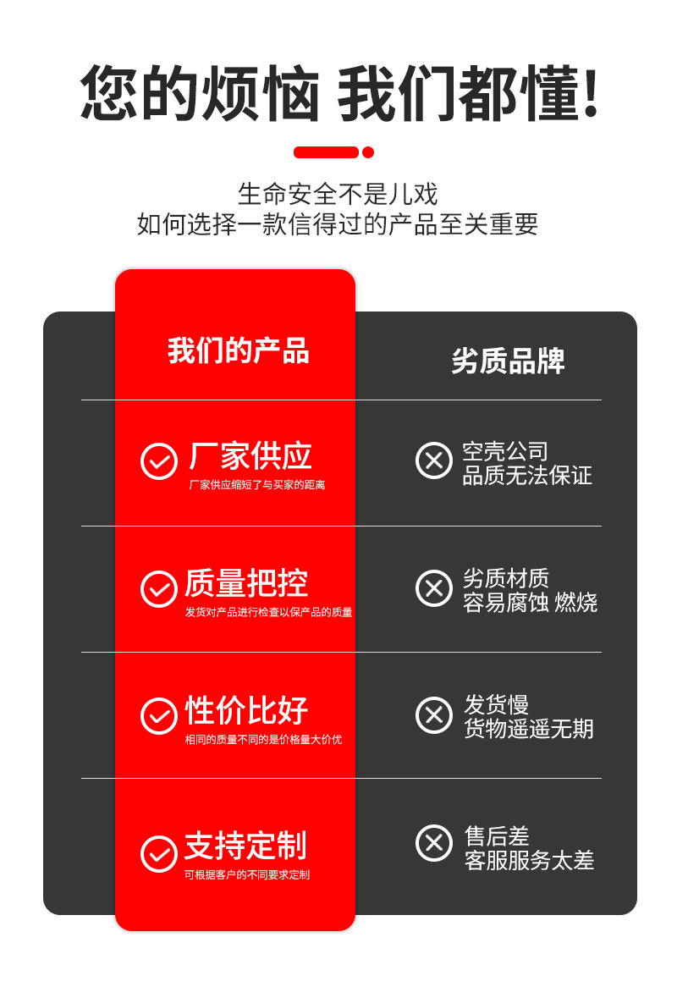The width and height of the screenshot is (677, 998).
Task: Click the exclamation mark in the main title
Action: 591,93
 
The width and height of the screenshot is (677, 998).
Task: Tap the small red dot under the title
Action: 368,152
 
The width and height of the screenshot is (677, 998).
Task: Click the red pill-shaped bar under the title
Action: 326,152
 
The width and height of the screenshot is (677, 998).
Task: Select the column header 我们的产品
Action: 238,350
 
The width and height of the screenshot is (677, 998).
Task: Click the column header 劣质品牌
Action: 508,361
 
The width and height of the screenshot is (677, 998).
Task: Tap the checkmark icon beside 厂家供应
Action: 158,461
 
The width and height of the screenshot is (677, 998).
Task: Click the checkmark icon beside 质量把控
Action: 158,589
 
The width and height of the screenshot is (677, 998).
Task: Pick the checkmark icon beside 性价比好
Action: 158,716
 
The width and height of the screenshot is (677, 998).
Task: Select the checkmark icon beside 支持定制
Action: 158,853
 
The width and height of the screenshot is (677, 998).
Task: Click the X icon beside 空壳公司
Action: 434,460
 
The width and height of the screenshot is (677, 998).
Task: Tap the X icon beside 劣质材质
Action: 434,587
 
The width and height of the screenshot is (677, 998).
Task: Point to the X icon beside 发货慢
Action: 434,714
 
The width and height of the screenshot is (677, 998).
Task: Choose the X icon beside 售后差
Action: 434,843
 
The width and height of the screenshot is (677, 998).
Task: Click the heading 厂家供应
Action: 250,455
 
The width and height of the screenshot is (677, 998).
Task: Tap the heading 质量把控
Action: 246,583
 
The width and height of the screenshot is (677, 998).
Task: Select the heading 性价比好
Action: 246,709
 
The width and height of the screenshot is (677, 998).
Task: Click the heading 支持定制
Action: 245,846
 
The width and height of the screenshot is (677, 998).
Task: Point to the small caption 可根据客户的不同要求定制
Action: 247,875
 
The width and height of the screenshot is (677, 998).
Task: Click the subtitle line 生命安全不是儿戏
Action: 338,194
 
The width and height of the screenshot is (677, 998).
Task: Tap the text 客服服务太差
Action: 530,861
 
